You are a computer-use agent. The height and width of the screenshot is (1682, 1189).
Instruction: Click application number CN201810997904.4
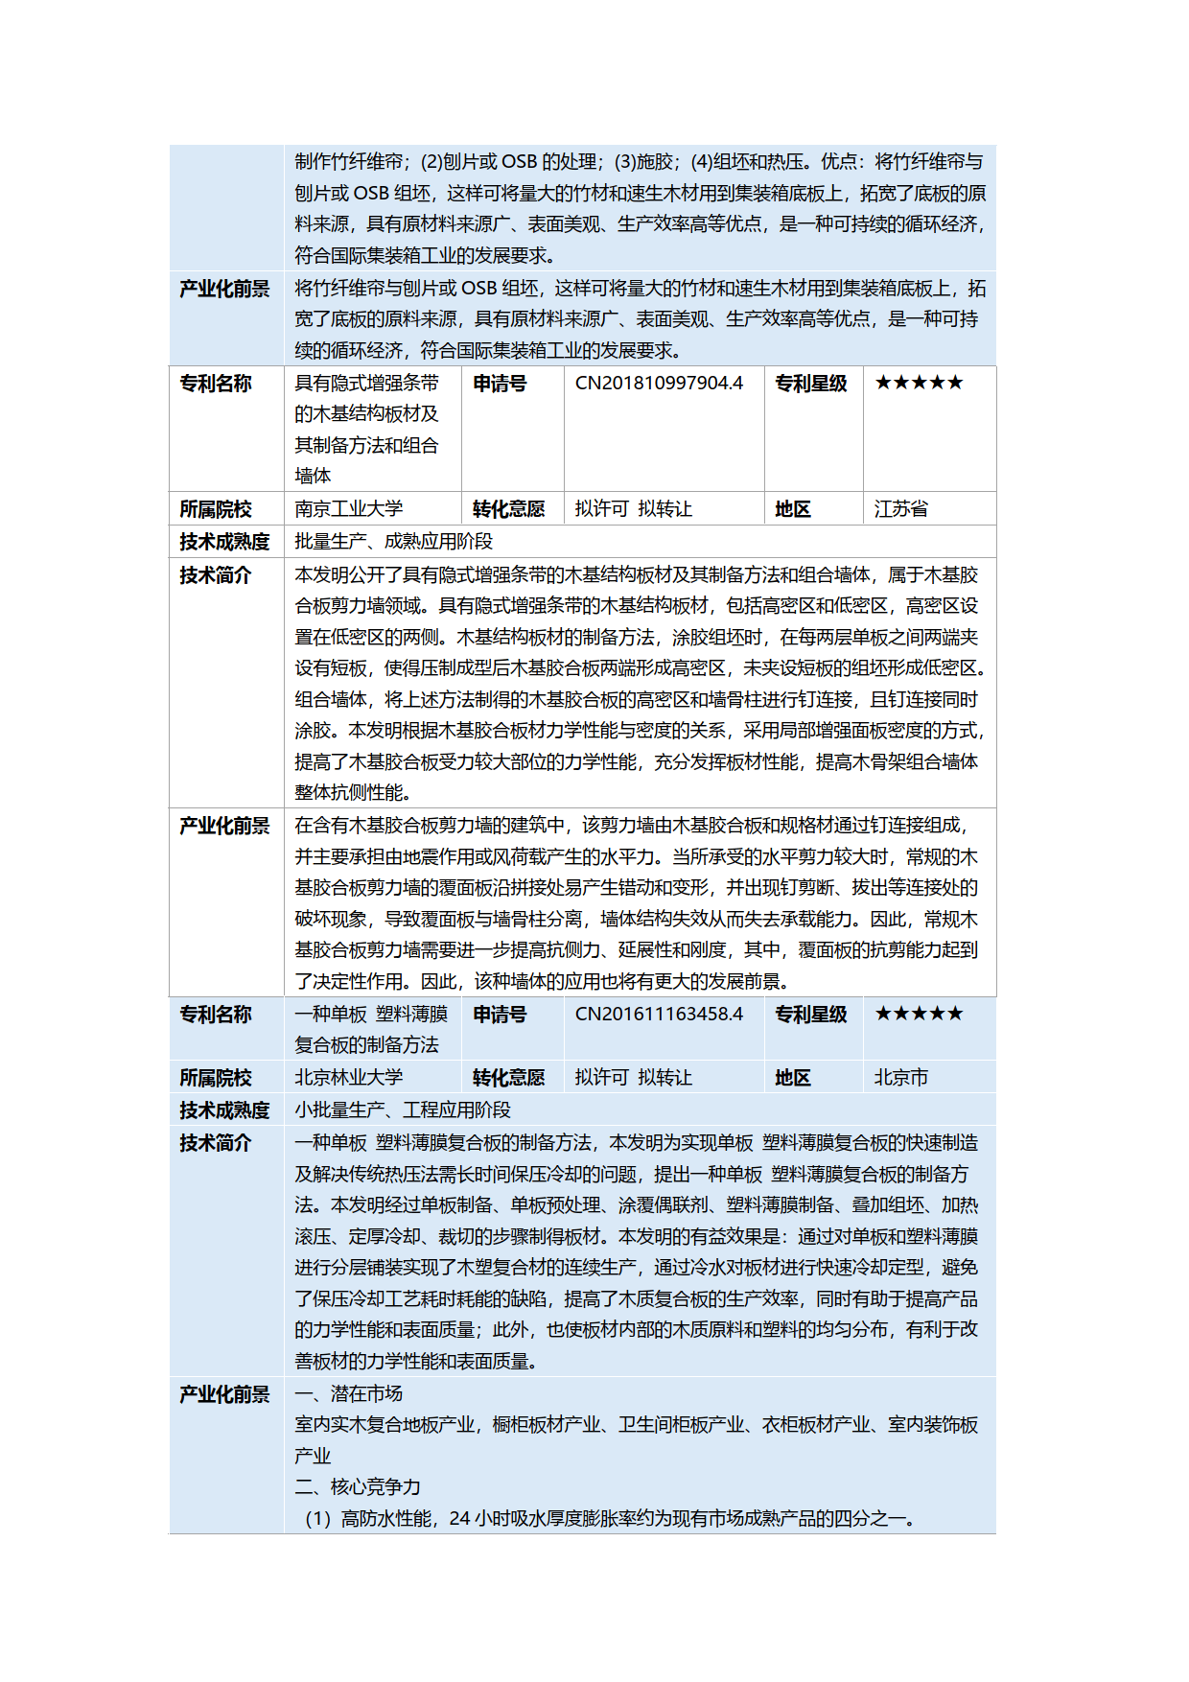(659, 384)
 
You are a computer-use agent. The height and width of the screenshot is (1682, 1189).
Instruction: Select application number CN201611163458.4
(659, 1015)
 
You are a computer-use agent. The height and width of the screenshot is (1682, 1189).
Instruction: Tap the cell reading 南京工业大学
(349, 509)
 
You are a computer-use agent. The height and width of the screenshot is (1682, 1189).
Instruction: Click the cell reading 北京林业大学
(349, 1078)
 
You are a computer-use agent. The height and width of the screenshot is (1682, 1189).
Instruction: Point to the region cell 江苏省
(900, 509)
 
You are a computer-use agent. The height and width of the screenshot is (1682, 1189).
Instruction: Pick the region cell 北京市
(900, 1078)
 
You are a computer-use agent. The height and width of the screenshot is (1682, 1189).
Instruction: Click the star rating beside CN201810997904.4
(919, 384)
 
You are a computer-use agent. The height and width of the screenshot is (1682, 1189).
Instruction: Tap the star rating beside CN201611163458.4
(919, 1015)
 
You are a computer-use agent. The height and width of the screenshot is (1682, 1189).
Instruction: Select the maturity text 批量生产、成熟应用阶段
(393, 542)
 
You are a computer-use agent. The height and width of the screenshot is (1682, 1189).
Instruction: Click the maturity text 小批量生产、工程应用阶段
(403, 1110)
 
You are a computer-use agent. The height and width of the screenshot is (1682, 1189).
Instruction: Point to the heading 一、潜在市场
(348, 1394)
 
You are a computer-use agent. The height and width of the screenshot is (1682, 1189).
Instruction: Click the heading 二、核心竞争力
(358, 1487)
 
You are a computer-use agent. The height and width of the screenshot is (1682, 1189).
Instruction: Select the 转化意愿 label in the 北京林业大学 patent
(508, 1078)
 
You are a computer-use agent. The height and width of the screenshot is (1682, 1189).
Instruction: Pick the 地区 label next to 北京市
(793, 1078)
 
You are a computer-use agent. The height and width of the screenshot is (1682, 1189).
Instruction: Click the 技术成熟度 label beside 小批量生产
(224, 1110)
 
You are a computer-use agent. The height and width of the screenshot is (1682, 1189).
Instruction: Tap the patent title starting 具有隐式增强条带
(366, 430)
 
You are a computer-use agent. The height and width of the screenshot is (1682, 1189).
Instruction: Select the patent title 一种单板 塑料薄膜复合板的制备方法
(371, 1030)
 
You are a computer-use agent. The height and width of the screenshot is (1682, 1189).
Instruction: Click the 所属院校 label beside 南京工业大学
(216, 509)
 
